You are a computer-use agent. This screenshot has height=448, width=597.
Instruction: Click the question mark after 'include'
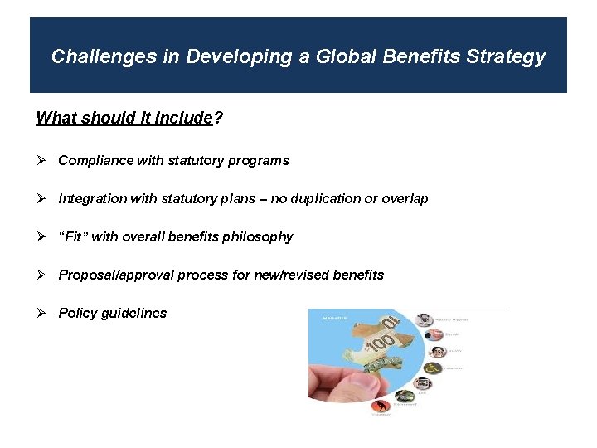tap(218, 118)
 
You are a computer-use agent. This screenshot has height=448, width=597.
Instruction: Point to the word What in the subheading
tap(55, 118)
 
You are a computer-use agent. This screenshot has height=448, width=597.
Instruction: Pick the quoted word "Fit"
tap(73, 237)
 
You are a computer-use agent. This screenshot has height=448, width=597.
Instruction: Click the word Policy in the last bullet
tap(76, 314)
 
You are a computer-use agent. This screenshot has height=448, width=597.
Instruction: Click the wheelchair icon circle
tap(431, 368)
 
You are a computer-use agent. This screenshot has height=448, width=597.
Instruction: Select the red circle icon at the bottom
tap(381, 407)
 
